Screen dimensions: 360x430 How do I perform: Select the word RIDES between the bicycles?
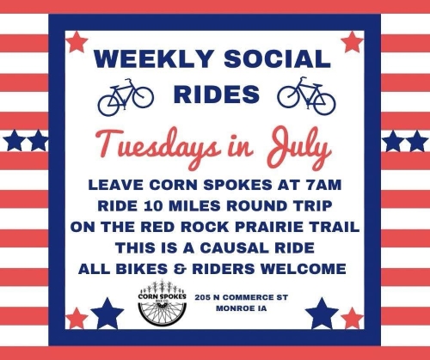tap(215, 94)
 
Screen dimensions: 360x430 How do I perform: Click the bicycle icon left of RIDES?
tap(125, 96)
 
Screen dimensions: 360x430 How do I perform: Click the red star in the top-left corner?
tap(77, 41)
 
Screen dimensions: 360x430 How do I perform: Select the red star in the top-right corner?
tap(352, 41)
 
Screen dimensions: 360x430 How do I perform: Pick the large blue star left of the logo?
tap(107, 314)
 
